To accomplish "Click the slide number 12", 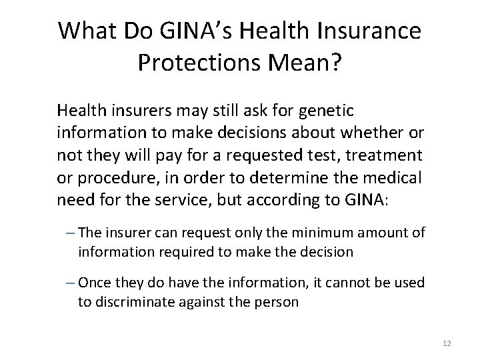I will pyautogui.click(x=447, y=343).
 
